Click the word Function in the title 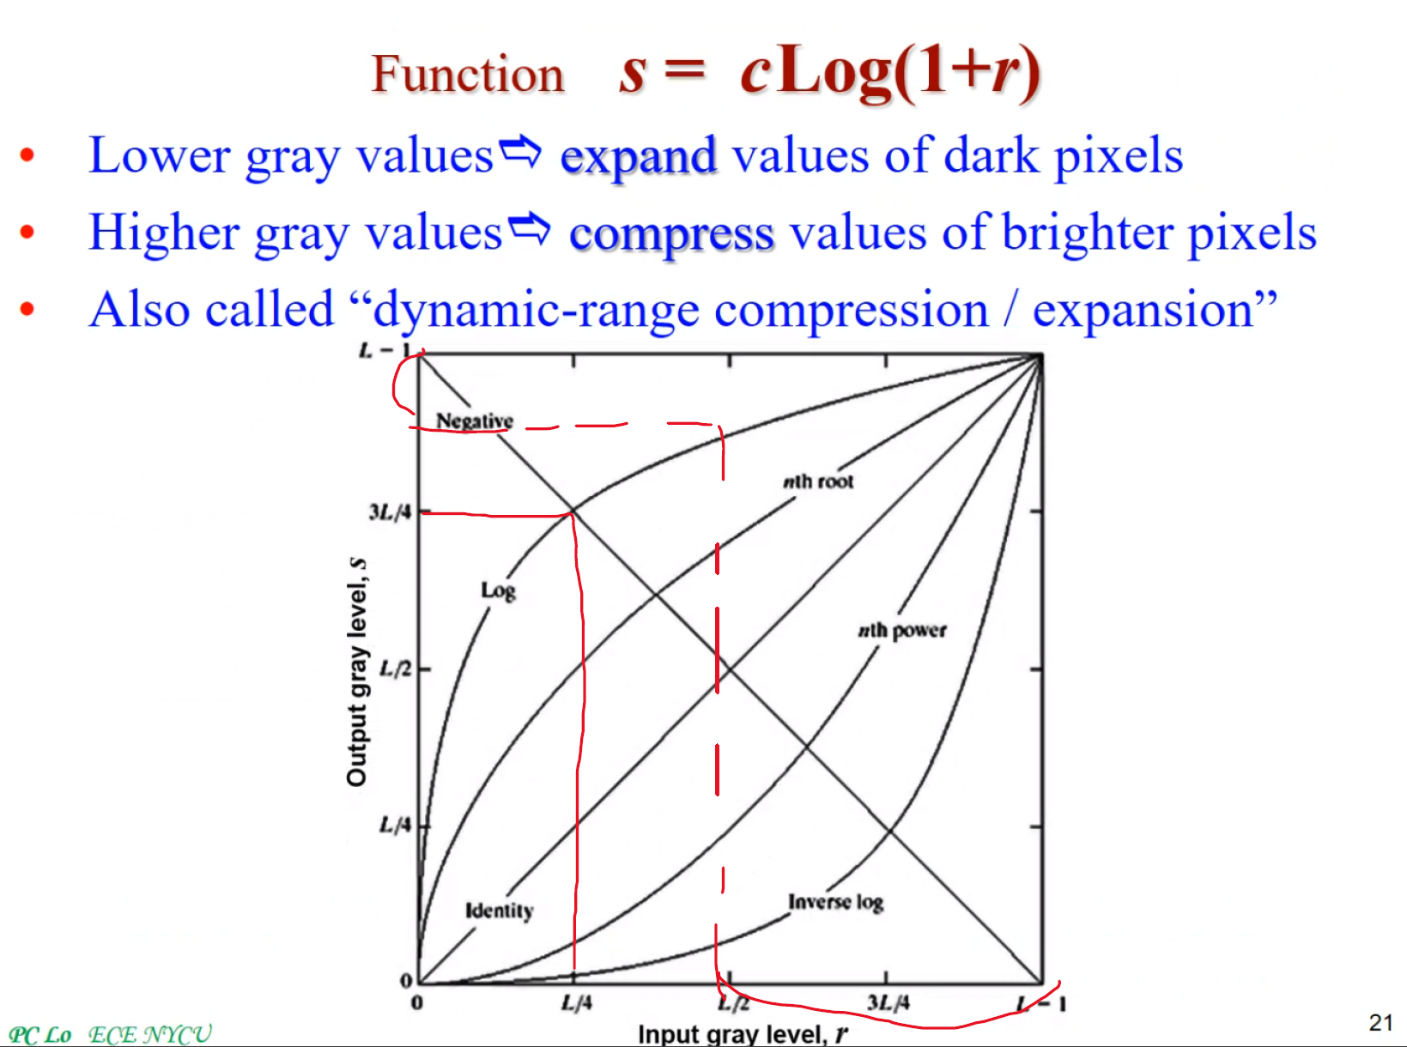468,74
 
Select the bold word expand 638,156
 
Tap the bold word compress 671,233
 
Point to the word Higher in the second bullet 164,233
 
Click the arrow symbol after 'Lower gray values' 521,152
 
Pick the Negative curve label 474,421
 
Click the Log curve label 498,590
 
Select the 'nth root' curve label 818,481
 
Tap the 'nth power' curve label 901,631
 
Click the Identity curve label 499,911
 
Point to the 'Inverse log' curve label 835,902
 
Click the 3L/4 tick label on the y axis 390,512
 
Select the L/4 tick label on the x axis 576,1002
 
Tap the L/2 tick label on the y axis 396,669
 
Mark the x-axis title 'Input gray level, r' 743,1034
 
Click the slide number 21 1380,1022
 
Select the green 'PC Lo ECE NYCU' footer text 110,1034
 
